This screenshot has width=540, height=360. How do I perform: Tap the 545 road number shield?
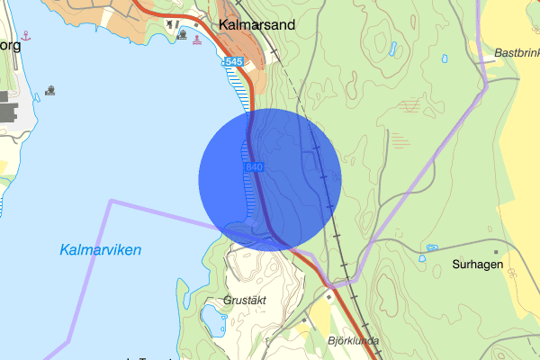(233, 61)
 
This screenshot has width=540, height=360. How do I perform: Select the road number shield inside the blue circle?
(253, 167)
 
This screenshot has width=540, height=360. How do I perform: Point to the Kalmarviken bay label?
(101, 250)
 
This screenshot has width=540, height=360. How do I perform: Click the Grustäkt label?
(246, 300)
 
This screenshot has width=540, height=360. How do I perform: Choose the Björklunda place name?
(354, 340)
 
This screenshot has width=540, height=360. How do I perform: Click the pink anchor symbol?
(26, 35)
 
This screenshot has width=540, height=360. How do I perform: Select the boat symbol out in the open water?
(50, 90)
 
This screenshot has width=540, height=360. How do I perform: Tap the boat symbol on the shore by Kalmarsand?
(184, 35)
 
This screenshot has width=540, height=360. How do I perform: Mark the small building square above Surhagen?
(495, 252)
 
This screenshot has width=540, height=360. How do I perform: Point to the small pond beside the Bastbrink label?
(445, 58)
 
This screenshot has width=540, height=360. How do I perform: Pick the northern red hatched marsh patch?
(412, 106)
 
